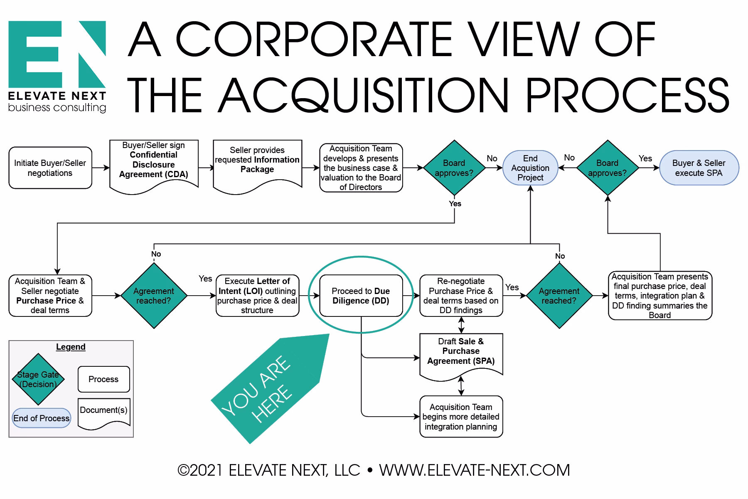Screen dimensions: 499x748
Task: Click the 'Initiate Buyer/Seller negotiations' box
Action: pyautogui.click(x=50, y=168)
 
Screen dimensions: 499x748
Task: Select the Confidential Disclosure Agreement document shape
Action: pyautogui.click(x=153, y=165)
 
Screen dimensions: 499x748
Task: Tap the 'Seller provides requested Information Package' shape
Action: pyautogui.click(x=257, y=164)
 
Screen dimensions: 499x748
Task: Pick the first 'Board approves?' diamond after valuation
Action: pyautogui.click(x=454, y=168)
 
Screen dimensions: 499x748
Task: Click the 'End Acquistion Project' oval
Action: pyautogui.click(x=530, y=168)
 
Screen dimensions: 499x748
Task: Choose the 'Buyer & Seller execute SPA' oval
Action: pyautogui.click(x=699, y=168)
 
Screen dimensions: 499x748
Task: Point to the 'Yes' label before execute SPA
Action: pyautogui.click(x=645, y=158)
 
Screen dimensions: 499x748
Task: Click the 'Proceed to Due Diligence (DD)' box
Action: pyautogui.click(x=361, y=296)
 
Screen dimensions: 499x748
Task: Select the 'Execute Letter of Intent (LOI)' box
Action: pyautogui.click(x=257, y=296)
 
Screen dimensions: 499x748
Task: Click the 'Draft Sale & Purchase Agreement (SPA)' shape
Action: pyautogui.click(x=461, y=353)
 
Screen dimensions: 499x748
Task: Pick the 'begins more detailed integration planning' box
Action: pyautogui.click(x=461, y=417)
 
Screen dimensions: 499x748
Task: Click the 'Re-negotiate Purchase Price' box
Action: pyautogui.click(x=461, y=296)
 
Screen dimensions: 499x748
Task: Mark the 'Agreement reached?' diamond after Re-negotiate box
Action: pyautogui.click(x=559, y=296)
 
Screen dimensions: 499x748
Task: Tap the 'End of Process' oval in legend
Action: pyautogui.click(x=41, y=418)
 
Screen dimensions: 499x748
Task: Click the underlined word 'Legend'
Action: pyautogui.click(x=71, y=347)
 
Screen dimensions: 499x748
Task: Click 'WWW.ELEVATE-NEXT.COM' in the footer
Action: pyautogui.click(x=474, y=470)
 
